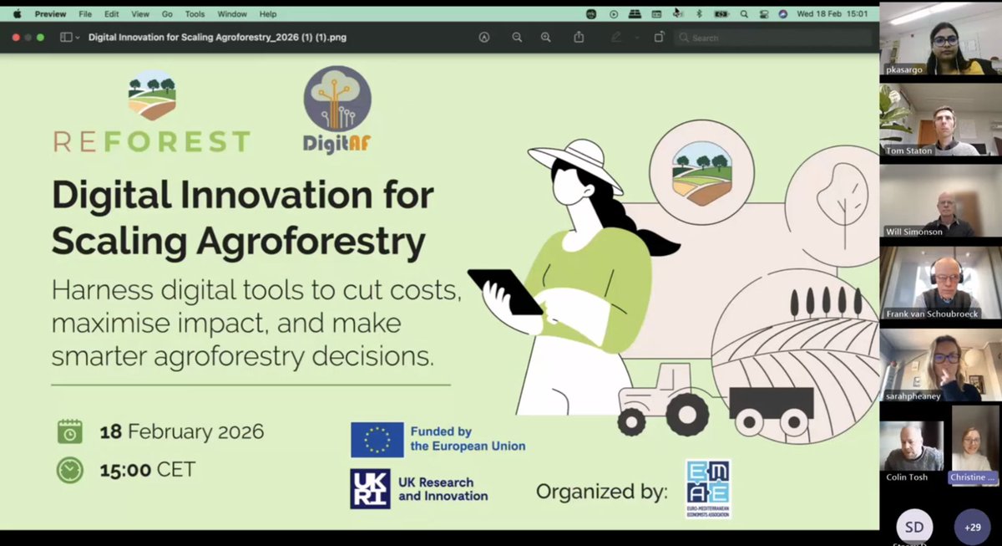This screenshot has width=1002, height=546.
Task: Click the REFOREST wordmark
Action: pos(151,140)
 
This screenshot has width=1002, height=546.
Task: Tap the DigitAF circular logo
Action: pos(337,101)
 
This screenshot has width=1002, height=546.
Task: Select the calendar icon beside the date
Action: pos(70,431)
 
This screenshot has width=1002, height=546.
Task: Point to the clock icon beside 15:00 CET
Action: pos(70,470)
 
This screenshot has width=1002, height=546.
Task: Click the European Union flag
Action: pos(377,440)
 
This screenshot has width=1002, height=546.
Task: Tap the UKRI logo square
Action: pos(370,489)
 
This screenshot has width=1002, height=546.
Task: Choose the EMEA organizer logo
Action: pos(707,488)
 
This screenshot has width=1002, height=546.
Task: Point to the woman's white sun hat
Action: pos(576,163)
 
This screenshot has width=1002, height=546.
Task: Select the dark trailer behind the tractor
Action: pos(771,402)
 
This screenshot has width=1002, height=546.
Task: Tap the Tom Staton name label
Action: pos(908,151)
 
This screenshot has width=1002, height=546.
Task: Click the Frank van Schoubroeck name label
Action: pos(933,314)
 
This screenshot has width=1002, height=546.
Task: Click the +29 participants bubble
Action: pos(972,528)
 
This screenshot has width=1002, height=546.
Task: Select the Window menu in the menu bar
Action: pos(232,14)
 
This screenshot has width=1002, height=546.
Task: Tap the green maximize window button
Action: pos(41,38)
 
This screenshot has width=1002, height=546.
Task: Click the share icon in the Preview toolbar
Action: pos(579,38)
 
